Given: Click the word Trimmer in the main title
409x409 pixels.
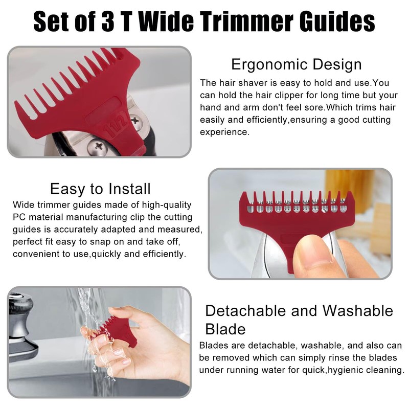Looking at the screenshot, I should [237, 21].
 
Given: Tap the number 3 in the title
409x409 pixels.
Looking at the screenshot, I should [125, 21].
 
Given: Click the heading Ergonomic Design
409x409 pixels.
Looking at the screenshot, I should [296, 65].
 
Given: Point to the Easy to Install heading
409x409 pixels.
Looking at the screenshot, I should [100, 189].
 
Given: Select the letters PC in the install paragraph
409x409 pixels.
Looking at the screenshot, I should [19, 217].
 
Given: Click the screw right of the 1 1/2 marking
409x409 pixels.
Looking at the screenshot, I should [135, 121].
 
